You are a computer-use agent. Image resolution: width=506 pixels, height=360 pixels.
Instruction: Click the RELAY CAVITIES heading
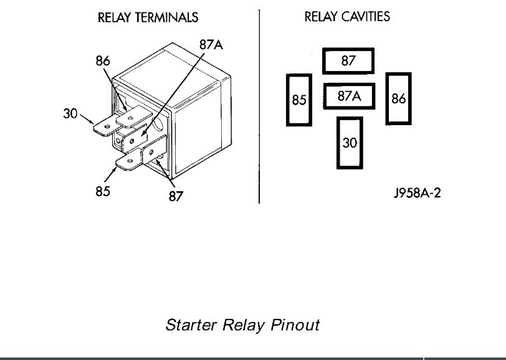point(347,17)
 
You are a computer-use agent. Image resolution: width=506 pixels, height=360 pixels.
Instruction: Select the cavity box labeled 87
point(348,61)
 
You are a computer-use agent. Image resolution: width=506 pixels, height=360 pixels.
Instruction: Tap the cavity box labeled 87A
point(349,97)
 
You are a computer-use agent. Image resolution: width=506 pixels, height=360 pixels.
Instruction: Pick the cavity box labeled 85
point(299,100)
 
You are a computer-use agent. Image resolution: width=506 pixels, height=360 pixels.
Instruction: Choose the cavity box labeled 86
point(399,98)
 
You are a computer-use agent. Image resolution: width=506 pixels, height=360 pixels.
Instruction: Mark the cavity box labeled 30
point(350,143)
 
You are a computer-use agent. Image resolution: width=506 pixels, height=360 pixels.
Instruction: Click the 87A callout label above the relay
point(210,45)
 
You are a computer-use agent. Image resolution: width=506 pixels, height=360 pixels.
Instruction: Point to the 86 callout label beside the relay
point(103,60)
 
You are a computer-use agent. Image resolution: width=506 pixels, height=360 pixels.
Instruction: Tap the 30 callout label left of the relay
point(70,113)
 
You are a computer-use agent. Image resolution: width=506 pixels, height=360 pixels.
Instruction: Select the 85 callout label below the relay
point(103,191)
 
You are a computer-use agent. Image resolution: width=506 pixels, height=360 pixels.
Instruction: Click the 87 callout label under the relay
point(176,197)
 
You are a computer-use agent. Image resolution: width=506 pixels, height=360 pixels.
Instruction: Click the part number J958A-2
point(417,192)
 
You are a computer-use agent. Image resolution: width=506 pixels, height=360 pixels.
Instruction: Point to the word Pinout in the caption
point(296,325)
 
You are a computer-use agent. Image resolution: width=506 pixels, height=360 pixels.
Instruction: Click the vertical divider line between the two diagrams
point(259,106)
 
